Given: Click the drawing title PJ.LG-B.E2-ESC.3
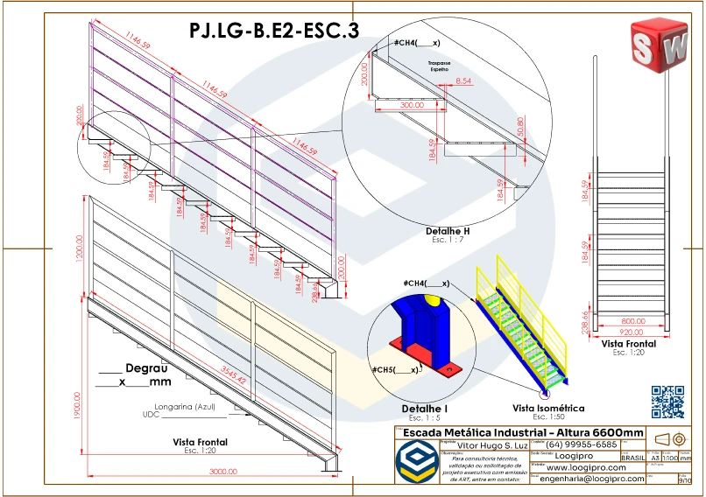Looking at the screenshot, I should (273, 31).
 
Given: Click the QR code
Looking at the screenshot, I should (667, 402).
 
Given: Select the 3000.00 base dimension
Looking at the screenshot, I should (222, 472).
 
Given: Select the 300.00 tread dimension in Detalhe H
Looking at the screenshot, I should (411, 105).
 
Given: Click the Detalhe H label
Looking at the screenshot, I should (448, 230).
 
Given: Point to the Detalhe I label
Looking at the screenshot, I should (424, 409).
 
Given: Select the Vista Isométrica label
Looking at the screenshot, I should (548, 408).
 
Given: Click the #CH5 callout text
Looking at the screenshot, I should (394, 370).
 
